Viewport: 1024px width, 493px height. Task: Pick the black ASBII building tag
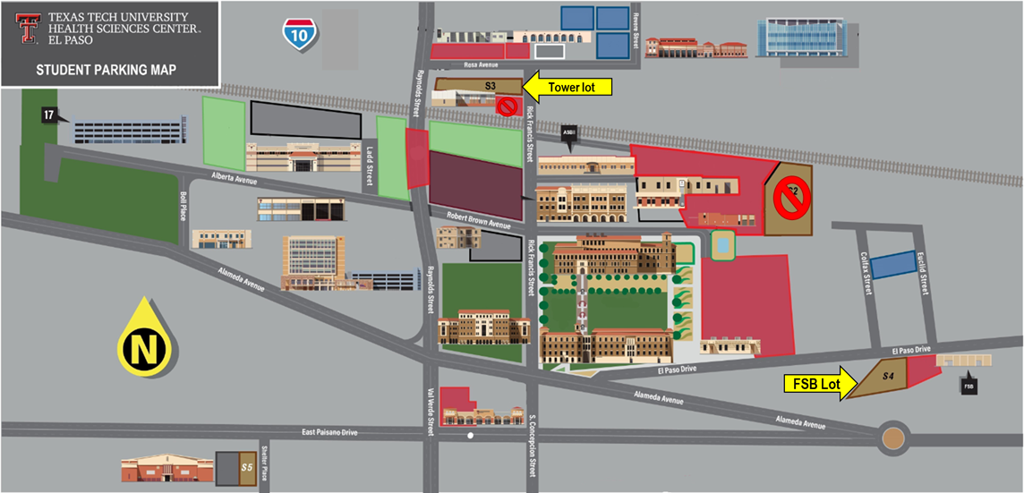point(569,134)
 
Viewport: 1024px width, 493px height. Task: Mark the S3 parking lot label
point(490,86)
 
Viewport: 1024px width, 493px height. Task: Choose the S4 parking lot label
point(887,376)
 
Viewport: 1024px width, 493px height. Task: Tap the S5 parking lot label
point(247,466)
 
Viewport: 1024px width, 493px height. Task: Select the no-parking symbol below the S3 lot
point(507,107)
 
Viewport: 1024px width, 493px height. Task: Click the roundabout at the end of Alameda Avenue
point(892,438)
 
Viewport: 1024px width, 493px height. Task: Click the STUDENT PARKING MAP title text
point(106,70)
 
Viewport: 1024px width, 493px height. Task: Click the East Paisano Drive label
point(329,432)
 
